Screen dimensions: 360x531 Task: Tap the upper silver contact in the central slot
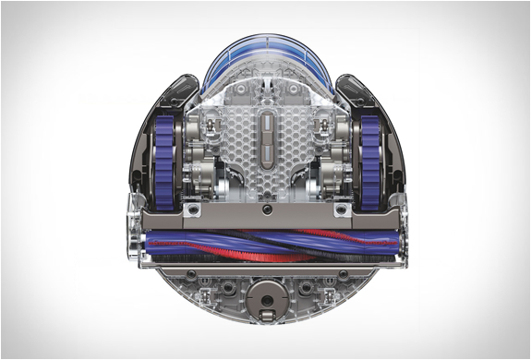click(x=266, y=124)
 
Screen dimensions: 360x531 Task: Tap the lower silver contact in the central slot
click(x=266, y=149)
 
